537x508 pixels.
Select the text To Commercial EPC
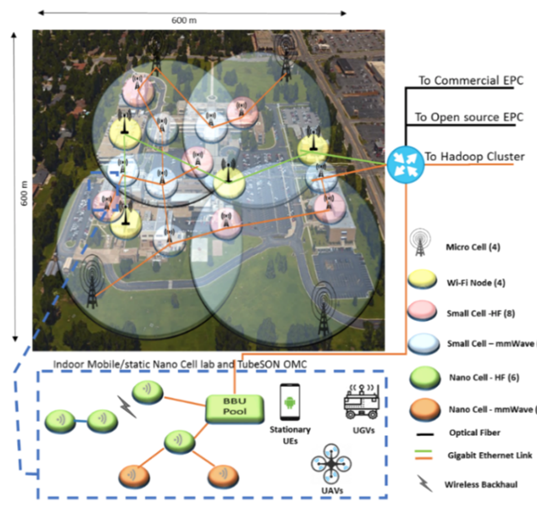tap(470, 81)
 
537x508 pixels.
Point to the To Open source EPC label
tap(469, 117)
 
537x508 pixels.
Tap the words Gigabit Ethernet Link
tap(488, 454)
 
